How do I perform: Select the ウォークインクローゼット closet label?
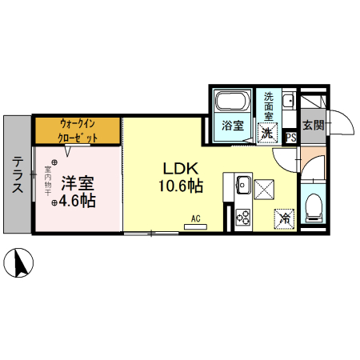[x=78, y=130]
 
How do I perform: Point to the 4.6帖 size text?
[x=77, y=202]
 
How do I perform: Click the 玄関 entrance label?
[x=313, y=125]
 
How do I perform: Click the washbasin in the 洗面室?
[x=288, y=102]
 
